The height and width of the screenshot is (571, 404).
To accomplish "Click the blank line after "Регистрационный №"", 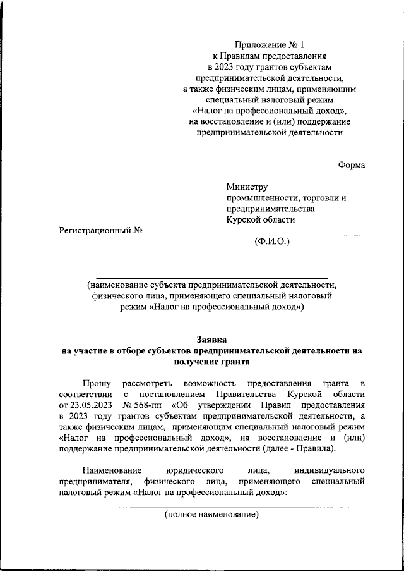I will coord(163,234).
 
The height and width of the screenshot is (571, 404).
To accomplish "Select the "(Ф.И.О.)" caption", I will coord(271,242).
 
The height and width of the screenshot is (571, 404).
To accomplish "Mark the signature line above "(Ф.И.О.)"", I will coord(293,235).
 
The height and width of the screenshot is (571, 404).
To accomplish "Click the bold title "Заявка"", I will coord(211,340).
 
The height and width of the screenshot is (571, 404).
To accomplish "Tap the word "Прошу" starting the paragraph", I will coord(97,383).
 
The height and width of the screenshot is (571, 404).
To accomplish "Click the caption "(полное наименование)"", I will coord(211,515).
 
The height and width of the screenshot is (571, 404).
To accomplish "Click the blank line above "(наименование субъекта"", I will coord(211,278).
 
